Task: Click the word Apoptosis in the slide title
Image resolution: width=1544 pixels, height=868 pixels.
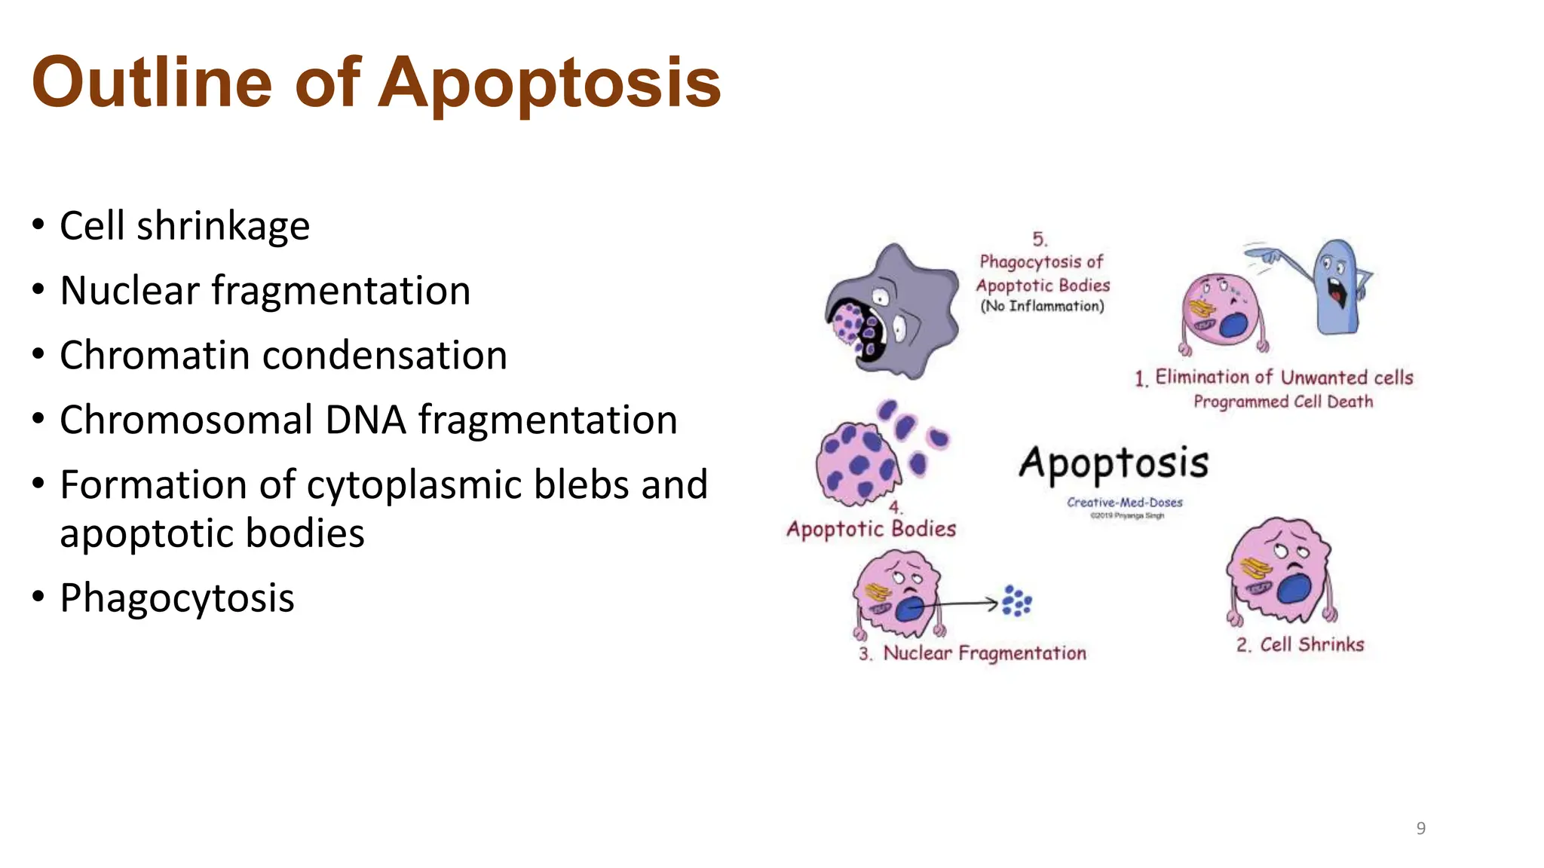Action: coord(549,83)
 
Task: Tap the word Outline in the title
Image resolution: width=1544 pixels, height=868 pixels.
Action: coord(152,83)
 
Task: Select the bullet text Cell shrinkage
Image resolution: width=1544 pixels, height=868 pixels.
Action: coord(185,226)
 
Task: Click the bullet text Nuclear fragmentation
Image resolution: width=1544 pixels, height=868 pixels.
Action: coord(265,291)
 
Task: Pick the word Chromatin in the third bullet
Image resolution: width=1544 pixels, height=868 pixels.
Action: coord(155,356)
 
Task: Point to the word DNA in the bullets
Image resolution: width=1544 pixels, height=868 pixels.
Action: coord(365,420)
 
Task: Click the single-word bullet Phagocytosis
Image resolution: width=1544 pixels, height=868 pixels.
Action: coord(177,598)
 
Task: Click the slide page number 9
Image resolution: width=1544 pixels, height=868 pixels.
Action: coord(1420,829)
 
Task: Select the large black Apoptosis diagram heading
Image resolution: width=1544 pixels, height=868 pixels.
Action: coord(1114,463)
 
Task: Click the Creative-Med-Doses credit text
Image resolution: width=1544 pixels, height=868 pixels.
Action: coord(1124,503)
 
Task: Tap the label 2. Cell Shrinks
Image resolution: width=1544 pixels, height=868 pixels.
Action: coord(1300,645)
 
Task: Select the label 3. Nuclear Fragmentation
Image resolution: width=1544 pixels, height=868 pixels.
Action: coord(973,653)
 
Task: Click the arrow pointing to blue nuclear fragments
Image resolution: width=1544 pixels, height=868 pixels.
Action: coord(957,604)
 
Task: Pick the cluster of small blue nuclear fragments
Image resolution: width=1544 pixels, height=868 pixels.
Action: coord(1016,601)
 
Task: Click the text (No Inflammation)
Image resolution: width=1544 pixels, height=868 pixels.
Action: coord(1042,306)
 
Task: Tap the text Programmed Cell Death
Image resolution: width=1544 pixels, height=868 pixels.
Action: coord(1282,402)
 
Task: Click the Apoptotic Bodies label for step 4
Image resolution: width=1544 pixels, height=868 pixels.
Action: coord(871,529)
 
